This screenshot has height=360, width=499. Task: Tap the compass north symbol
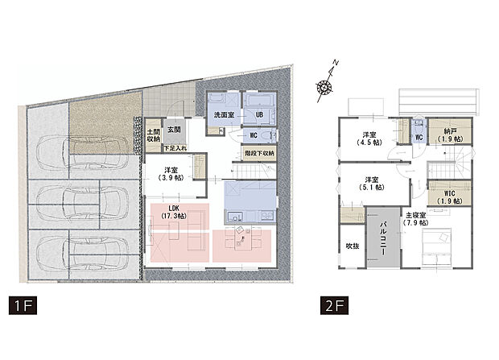tap(324, 84)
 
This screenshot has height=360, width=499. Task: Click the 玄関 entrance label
tap(175, 129)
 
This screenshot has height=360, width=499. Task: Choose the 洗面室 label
tap(224, 116)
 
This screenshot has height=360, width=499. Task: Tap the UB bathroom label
tap(259, 115)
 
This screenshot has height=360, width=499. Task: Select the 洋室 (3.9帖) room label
tap(171, 175)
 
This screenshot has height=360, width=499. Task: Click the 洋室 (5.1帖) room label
tap(370, 184)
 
